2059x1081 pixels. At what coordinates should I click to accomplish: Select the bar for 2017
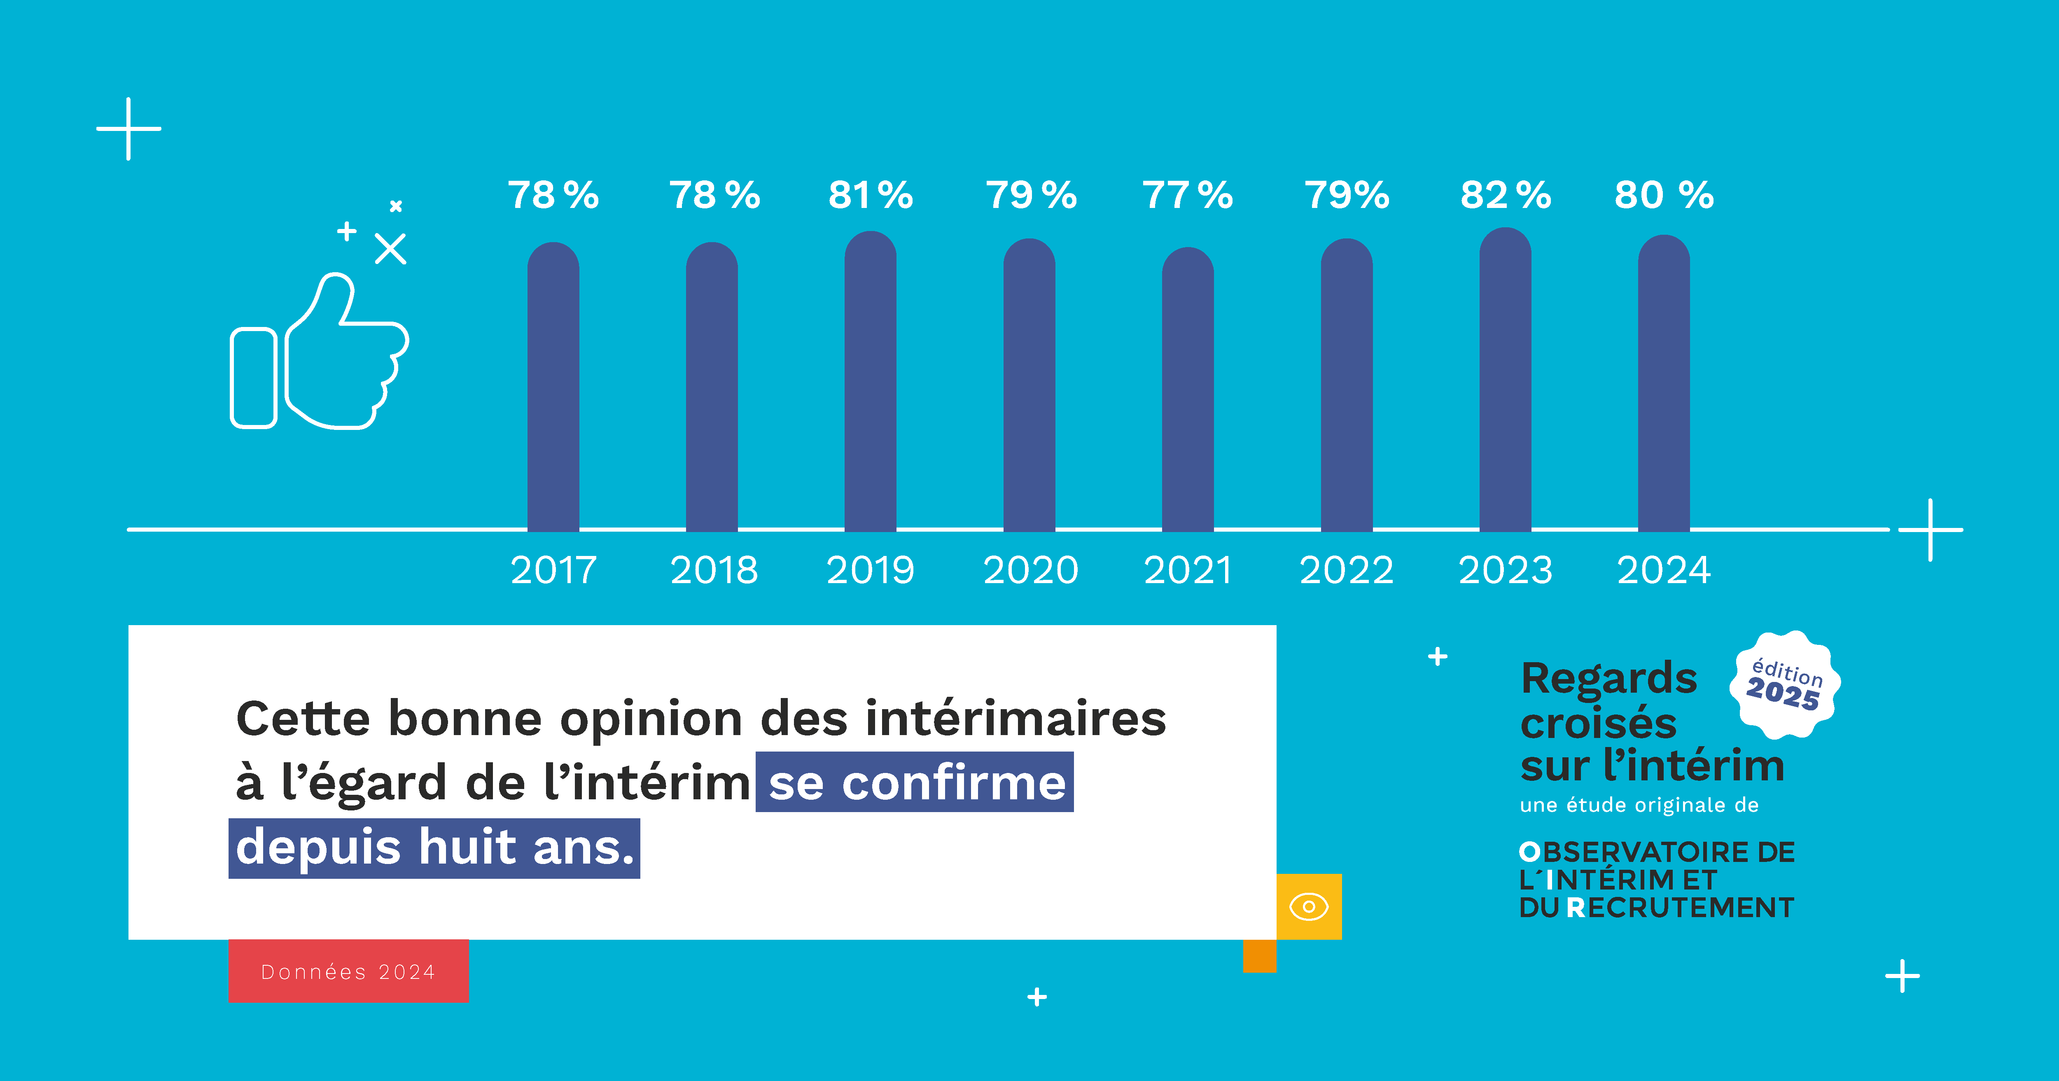[553, 388]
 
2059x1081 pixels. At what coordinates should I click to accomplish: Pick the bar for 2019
[871, 382]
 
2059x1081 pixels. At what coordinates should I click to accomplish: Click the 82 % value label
[1506, 195]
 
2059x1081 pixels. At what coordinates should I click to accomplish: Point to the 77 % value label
[1188, 195]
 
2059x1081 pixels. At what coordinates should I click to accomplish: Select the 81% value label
[871, 195]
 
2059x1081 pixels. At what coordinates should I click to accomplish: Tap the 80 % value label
[1664, 195]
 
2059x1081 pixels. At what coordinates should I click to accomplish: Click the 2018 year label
[714, 570]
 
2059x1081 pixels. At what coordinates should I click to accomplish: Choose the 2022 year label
[1347, 570]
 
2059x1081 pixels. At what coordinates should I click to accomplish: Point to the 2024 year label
[1663, 570]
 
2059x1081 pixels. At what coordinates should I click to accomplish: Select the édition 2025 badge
[1785, 684]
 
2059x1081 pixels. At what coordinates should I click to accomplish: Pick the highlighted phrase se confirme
[915, 783]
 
